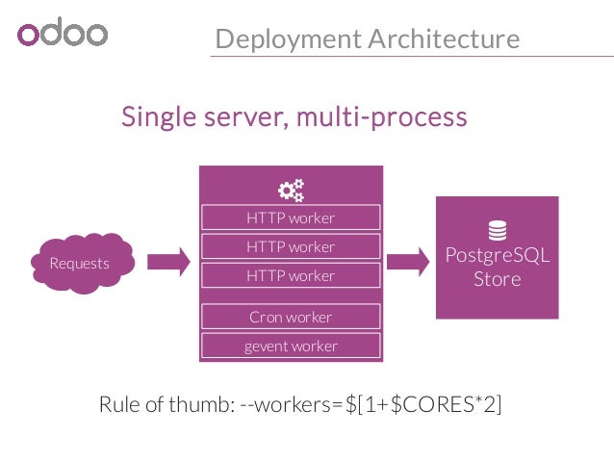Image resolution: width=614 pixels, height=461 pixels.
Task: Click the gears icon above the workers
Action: (x=291, y=189)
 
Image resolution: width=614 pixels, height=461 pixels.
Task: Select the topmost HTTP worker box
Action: (x=291, y=218)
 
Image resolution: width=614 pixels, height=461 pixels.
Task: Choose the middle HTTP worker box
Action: (x=291, y=246)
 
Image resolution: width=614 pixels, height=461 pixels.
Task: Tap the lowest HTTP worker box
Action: (x=291, y=275)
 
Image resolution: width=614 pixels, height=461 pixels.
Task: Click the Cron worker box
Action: (x=291, y=317)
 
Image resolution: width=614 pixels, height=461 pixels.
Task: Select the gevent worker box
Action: (x=291, y=346)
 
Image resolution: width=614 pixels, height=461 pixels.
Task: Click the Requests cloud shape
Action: (x=80, y=263)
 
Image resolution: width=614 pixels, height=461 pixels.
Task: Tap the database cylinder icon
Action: (x=498, y=231)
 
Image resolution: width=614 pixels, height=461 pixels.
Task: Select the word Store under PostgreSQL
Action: (x=498, y=279)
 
